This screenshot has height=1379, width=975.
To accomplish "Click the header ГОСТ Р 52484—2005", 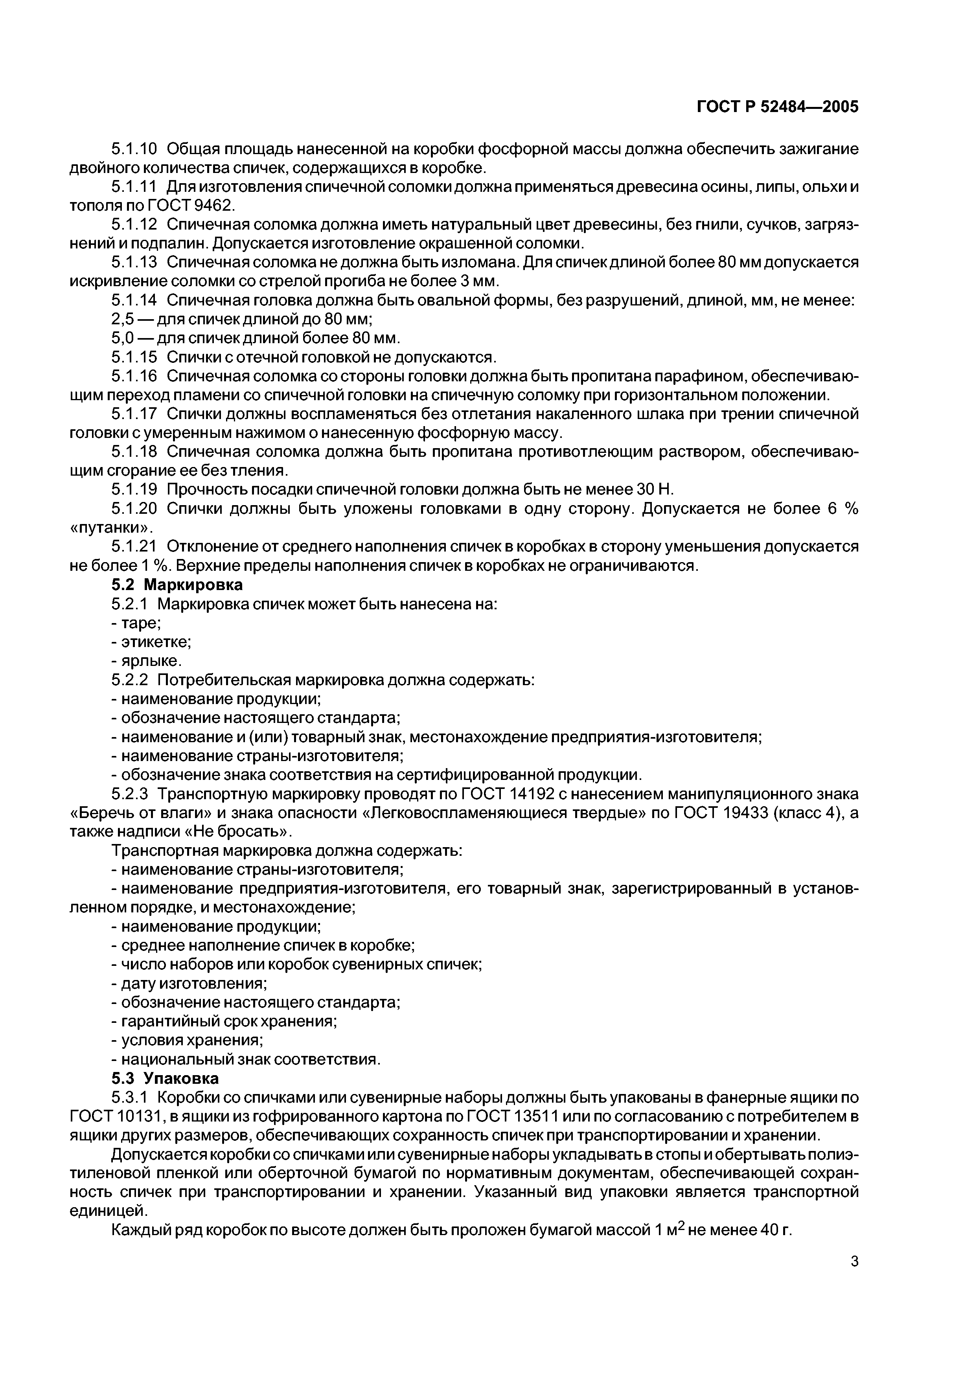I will point(777,107).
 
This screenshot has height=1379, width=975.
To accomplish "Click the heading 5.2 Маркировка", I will point(177,585).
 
